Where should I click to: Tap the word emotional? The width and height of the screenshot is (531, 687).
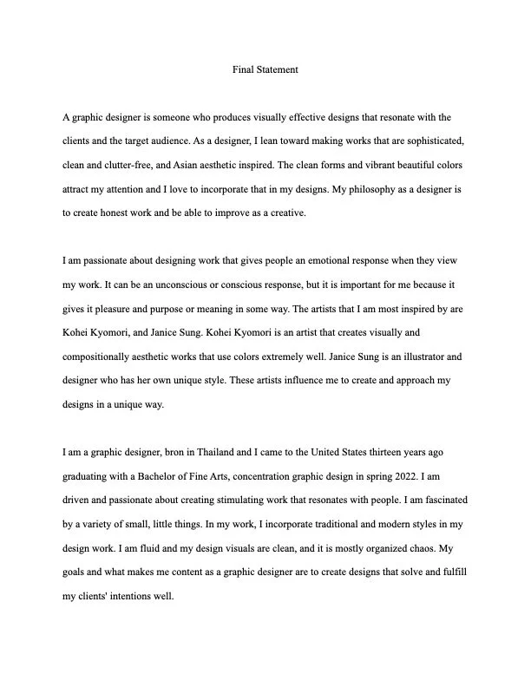[x=302, y=260]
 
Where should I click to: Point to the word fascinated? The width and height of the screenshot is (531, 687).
[x=444, y=500]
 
